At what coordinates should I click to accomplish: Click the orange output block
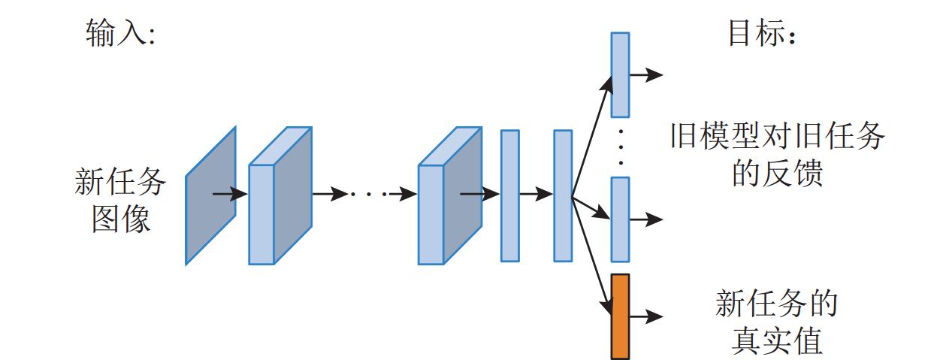pos(620,316)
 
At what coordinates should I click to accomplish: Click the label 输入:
pos(119,34)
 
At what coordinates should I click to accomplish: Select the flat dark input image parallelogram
pos(211,195)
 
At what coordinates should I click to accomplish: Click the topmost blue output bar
pos(620,74)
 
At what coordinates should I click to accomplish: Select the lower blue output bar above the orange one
pos(620,219)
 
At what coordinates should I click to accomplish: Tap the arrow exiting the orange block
pos(645,316)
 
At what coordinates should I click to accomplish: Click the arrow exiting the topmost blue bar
pos(645,74)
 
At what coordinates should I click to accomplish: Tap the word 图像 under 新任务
pos(121,219)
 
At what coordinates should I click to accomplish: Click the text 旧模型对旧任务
pos(777,138)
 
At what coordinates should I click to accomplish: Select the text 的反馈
pos(777,174)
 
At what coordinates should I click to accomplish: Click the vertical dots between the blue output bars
pos(621,147)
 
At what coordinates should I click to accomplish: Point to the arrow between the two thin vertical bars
pos(536,195)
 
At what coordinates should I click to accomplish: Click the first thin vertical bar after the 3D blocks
pos(510,195)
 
